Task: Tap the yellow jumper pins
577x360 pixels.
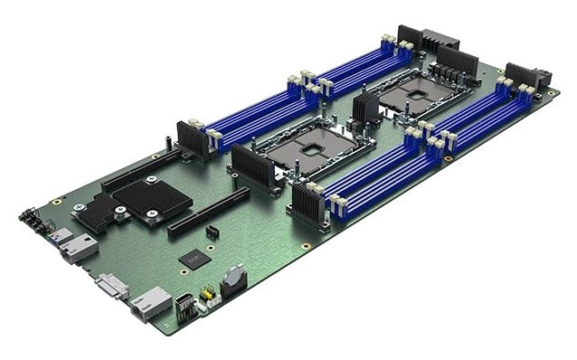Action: [x=206, y=293]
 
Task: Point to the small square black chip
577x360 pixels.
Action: [x=194, y=259]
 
